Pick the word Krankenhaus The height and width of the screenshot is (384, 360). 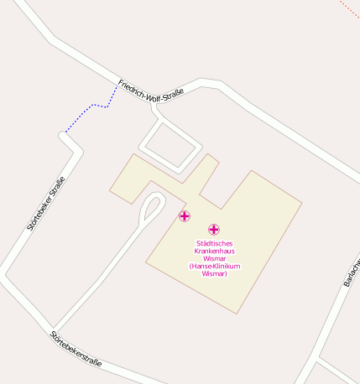[x=214, y=251]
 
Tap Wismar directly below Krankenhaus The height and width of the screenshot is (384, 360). [x=214, y=259]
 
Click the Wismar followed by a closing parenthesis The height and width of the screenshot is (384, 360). [x=214, y=274]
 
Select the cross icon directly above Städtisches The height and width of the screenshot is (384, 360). [x=214, y=229]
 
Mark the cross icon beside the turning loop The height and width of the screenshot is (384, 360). [x=185, y=216]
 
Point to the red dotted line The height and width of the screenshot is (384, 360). [x=348, y=8]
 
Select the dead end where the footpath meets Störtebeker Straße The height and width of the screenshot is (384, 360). [x=65, y=132]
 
